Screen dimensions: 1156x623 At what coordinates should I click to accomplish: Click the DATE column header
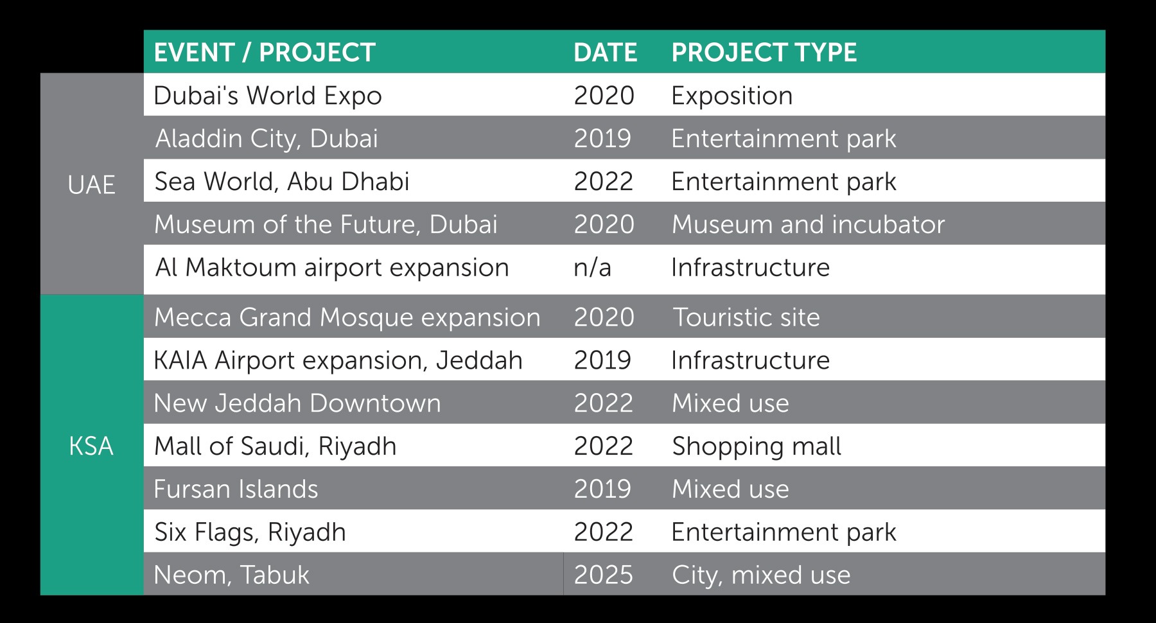point(605,53)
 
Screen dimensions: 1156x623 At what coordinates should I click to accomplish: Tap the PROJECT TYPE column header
point(764,53)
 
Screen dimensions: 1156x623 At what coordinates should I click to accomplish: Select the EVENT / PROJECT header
point(265,53)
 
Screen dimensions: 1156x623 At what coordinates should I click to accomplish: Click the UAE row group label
point(91,185)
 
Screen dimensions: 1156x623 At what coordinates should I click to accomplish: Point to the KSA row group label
point(91,446)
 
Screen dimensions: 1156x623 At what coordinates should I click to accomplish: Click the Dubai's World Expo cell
point(268,96)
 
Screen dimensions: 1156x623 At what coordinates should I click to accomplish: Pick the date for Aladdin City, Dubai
point(602,139)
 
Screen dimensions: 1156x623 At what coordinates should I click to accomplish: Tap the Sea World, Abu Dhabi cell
point(282,182)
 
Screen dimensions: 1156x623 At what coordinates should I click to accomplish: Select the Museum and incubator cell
point(808,225)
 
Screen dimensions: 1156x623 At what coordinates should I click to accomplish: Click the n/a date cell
point(592,268)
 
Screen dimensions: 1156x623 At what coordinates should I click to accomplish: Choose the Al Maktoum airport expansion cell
point(332,268)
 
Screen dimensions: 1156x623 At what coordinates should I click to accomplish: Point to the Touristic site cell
point(746,317)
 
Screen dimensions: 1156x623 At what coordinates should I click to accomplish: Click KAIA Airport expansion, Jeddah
point(338,360)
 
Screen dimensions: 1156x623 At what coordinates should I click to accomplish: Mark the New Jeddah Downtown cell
point(297,403)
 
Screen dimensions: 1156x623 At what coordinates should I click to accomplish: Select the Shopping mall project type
point(757,446)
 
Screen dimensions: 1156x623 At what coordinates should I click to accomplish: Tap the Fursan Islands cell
point(236,489)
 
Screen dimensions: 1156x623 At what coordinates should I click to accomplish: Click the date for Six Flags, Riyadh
point(604,532)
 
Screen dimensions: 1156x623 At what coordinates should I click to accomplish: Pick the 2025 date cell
point(604,575)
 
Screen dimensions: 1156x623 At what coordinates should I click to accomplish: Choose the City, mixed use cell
point(761,575)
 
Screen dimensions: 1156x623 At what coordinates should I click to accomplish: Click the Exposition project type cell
point(732,96)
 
